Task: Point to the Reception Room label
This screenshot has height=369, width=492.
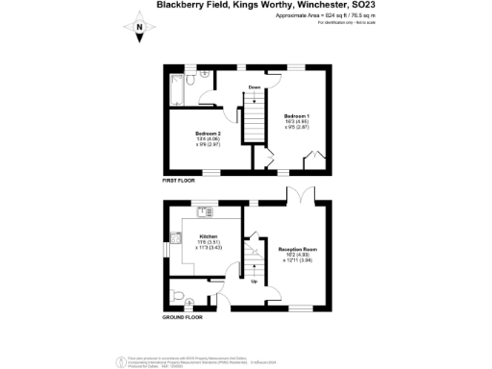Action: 297,248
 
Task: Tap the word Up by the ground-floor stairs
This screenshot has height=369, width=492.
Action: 254,282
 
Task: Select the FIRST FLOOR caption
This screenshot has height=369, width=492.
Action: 182,180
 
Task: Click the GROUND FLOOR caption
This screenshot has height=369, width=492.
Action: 184,317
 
